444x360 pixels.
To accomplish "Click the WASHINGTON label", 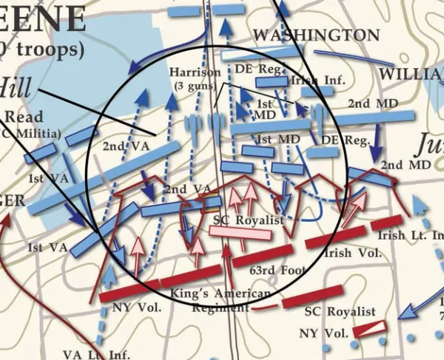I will coord(316,35).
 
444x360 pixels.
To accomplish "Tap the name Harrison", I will coord(195,72).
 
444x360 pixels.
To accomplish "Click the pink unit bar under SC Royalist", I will coord(240,232).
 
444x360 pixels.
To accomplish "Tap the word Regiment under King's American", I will coord(215,307).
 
